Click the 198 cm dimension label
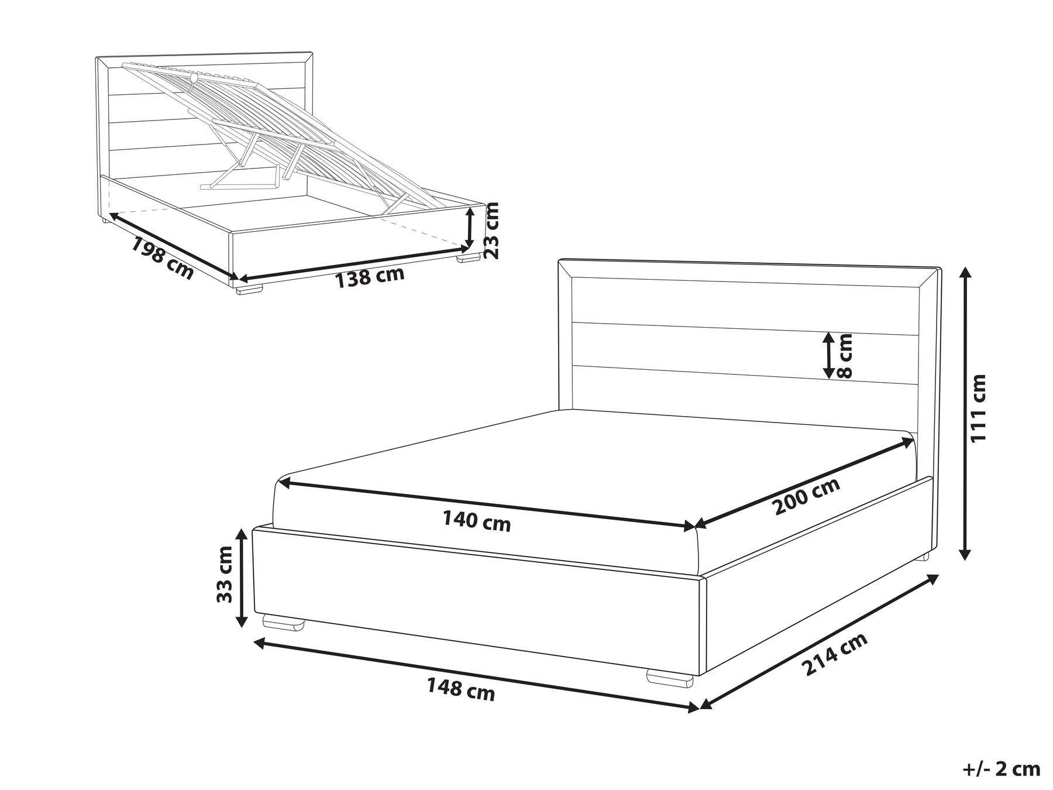[x=161, y=258]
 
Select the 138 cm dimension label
[x=370, y=276]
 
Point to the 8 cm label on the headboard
[x=846, y=355]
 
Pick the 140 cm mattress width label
[x=476, y=521]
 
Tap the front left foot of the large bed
[x=284, y=622]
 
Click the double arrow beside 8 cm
[x=828, y=355]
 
